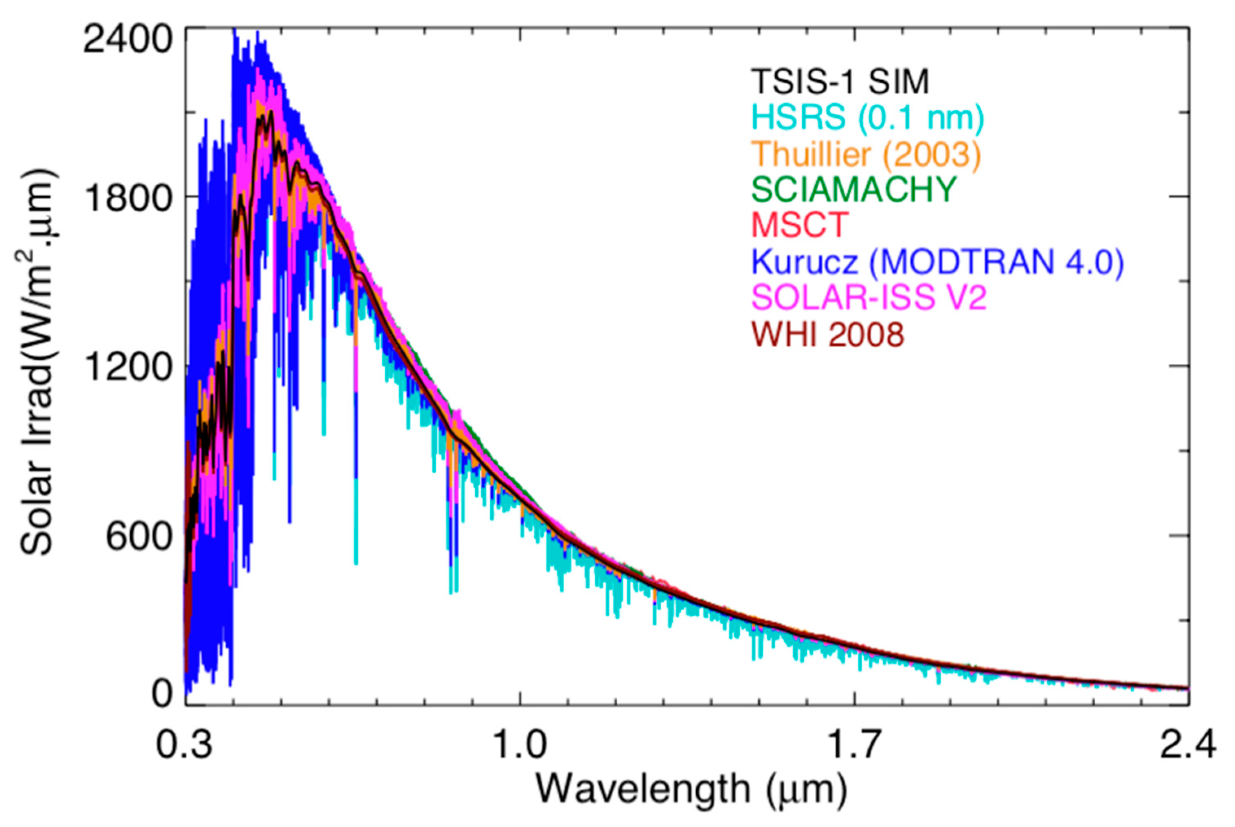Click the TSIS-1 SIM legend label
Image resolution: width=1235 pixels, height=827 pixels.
click(840, 82)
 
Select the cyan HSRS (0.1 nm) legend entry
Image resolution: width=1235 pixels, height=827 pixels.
click(867, 118)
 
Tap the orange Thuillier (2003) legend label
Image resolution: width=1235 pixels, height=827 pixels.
click(866, 154)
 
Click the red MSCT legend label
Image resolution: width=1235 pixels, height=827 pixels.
click(800, 225)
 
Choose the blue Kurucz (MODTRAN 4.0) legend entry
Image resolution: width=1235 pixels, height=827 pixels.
click(937, 262)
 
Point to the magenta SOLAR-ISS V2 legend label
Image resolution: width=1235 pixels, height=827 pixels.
click(869, 298)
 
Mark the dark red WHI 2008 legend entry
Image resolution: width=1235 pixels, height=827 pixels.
click(827, 334)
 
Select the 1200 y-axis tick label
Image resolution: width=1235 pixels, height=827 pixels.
click(129, 367)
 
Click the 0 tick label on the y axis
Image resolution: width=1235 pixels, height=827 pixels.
click(163, 695)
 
